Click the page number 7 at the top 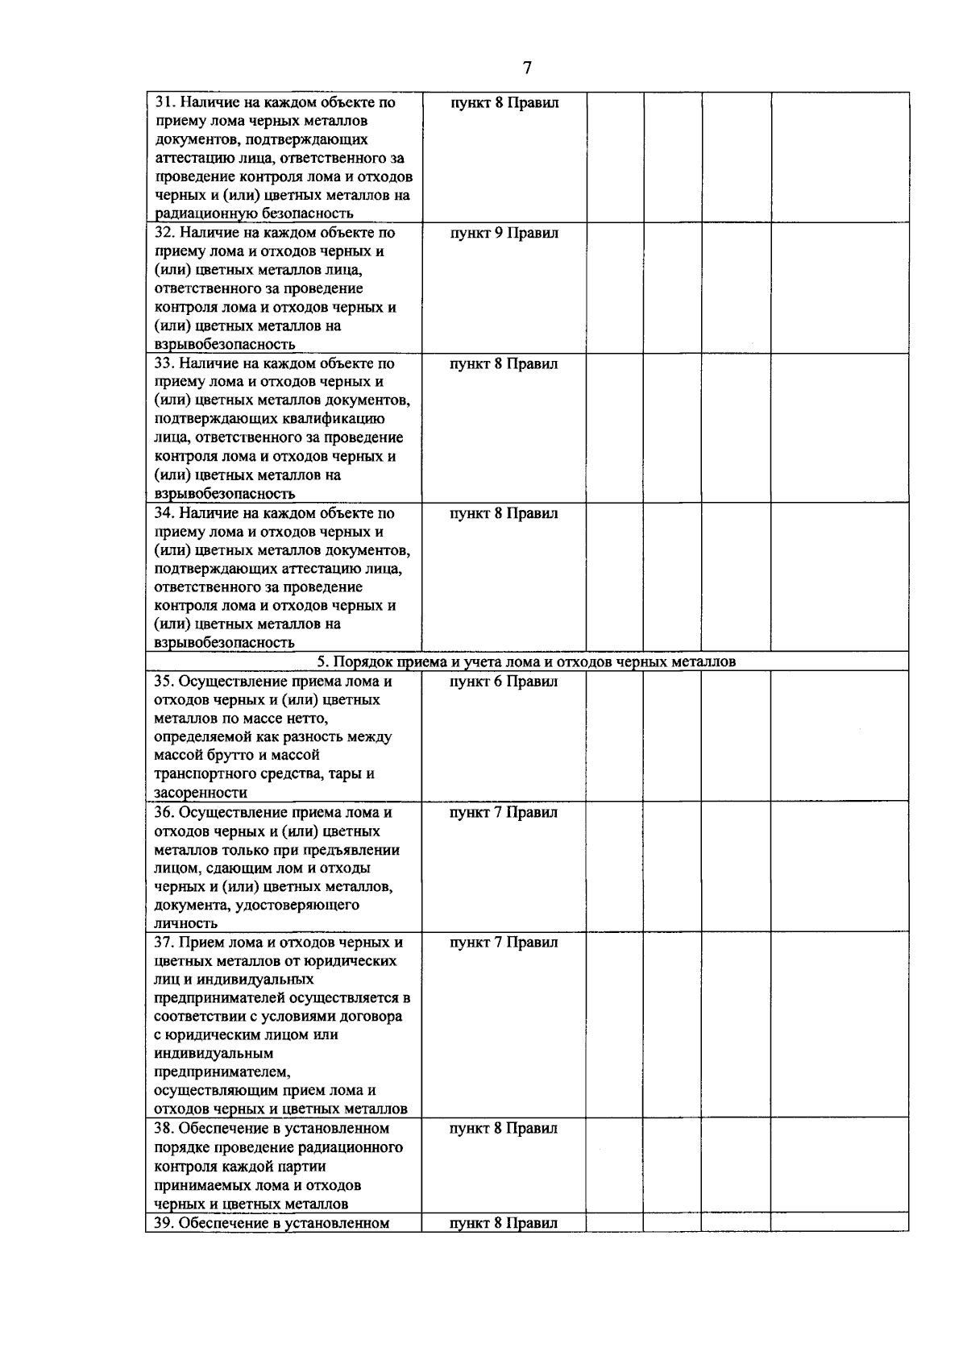[527, 68]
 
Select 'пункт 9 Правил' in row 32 [504, 234]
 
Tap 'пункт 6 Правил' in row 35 [504, 682]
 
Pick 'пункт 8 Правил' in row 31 [504, 103]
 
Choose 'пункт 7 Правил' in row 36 [504, 812]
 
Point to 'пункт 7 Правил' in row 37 [504, 943]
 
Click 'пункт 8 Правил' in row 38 [504, 1129]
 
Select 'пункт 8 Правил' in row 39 [504, 1246]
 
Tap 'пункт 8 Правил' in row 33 [504, 364]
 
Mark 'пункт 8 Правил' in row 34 [504, 513]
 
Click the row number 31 [164, 103]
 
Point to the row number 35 [164, 682]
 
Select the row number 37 [164, 943]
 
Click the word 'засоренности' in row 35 [201, 793]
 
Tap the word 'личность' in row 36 [185, 923]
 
